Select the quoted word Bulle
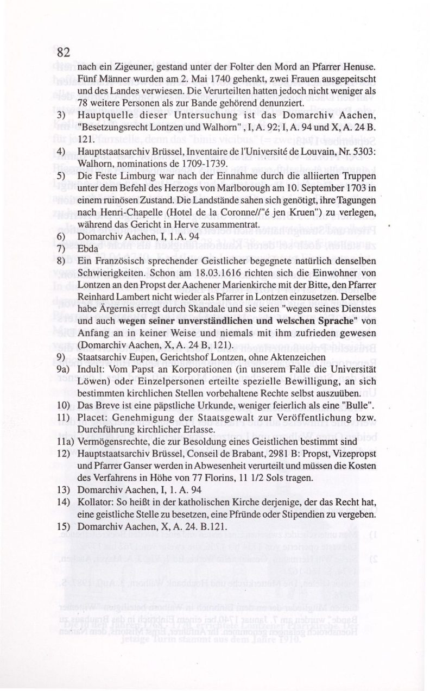(x=353, y=406)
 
